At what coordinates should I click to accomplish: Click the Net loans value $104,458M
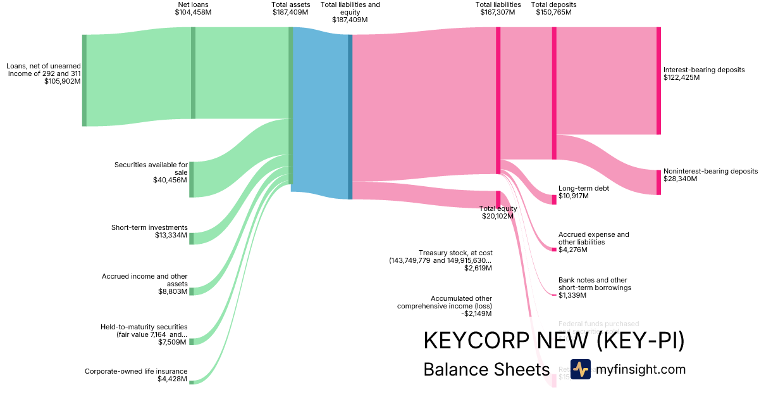pyautogui.click(x=193, y=12)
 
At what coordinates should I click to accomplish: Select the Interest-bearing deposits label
pyautogui.click(x=704, y=70)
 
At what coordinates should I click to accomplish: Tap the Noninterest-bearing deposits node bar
pyautogui.click(x=658, y=182)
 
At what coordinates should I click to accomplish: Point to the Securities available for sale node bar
pyautogui.click(x=192, y=179)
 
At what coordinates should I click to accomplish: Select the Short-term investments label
pyautogui.click(x=149, y=227)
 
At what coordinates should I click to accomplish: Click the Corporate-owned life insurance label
pyautogui.click(x=136, y=371)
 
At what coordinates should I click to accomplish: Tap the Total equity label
pyautogui.click(x=498, y=208)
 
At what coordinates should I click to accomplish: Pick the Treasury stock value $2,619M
pyautogui.click(x=478, y=269)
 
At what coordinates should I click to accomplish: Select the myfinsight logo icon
pyautogui.click(x=580, y=369)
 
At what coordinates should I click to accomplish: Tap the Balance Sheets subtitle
pyautogui.click(x=486, y=370)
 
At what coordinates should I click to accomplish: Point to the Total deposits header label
pyautogui.click(x=553, y=4)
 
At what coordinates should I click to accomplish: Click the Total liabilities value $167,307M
pyautogui.click(x=498, y=12)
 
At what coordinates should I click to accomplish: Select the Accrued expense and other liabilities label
pyautogui.click(x=593, y=238)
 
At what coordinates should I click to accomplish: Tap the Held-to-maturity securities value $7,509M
pyautogui.click(x=173, y=343)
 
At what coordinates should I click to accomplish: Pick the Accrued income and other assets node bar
pyautogui.click(x=192, y=291)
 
